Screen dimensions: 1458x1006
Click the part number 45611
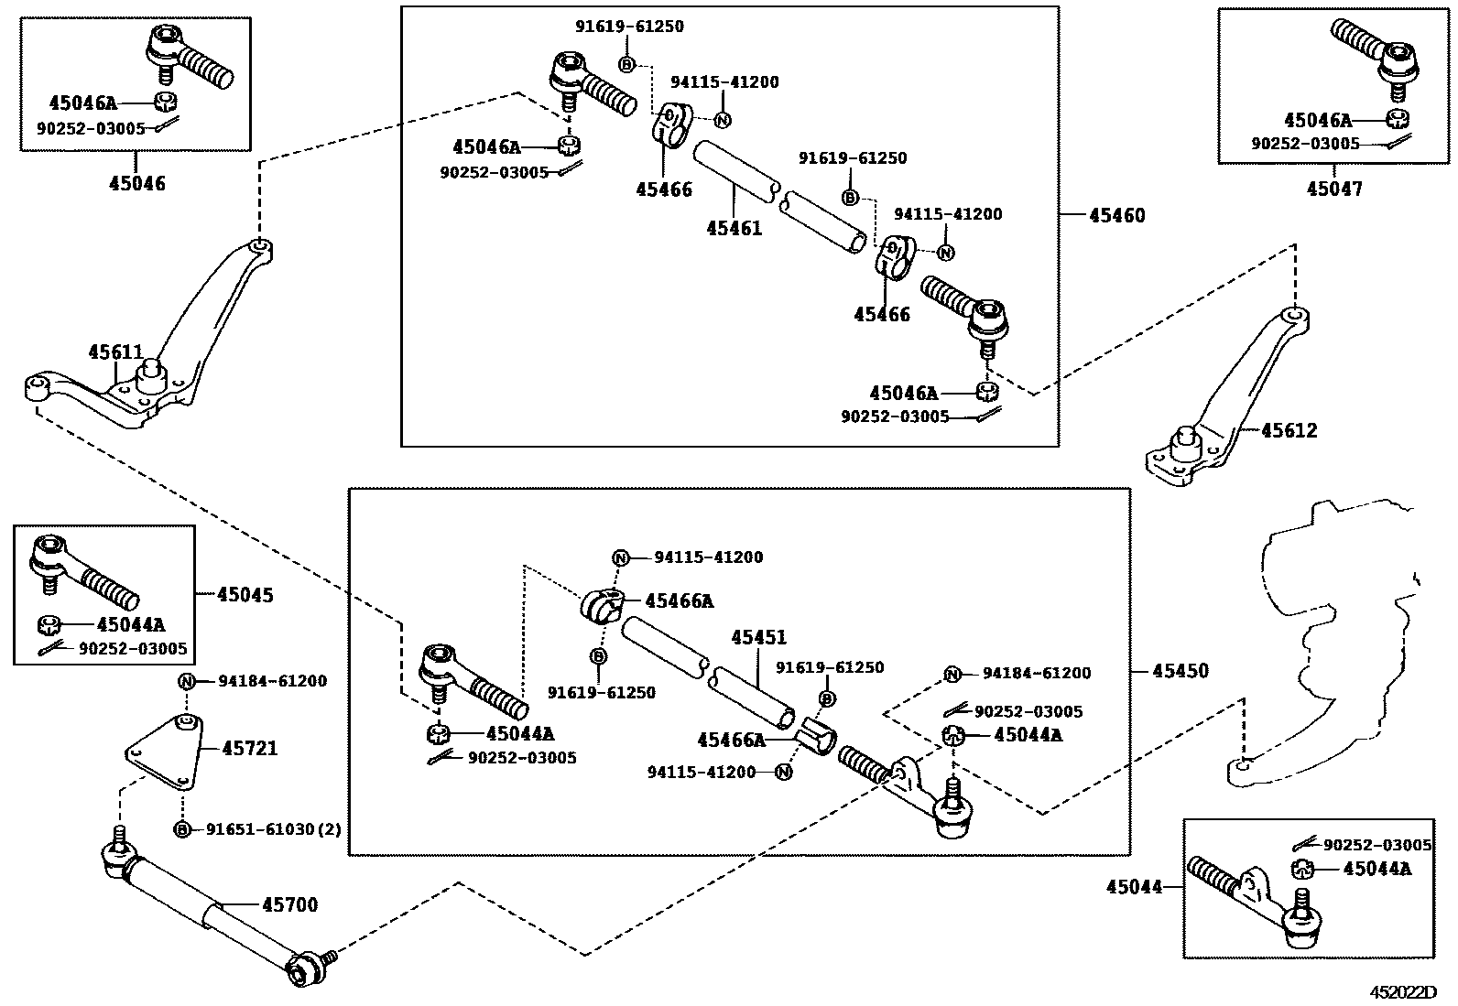click(x=115, y=352)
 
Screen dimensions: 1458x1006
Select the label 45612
click(x=1289, y=430)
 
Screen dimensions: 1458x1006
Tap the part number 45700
click(x=290, y=904)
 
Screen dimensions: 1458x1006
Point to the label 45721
click(x=250, y=748)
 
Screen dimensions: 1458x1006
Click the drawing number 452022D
click(x=1403, y=992)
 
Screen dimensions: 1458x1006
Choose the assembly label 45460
click(x=1117, y=215)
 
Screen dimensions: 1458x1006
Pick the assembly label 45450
click(x=1181, y=671)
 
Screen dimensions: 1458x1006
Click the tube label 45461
click(x=734, y=229)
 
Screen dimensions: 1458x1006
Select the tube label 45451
click(x=758, y=637)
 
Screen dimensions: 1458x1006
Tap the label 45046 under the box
click(x=136, y=183)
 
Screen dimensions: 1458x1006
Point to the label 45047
click(x=1334, y=189)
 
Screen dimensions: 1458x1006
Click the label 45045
click(x=245, y=595)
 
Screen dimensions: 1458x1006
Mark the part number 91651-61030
click(x=264, y=829)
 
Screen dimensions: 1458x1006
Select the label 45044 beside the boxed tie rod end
click(x=1135, y=886)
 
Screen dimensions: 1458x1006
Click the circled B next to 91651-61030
click(x=182, y=829)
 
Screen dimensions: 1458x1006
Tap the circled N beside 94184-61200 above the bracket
click(x=186, y=681)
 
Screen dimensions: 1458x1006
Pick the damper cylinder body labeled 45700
click(x=208, y=910)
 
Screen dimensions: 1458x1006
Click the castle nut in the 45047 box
click(x=1396, y=118)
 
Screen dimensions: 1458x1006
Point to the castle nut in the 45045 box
click(x=49, y=625)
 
